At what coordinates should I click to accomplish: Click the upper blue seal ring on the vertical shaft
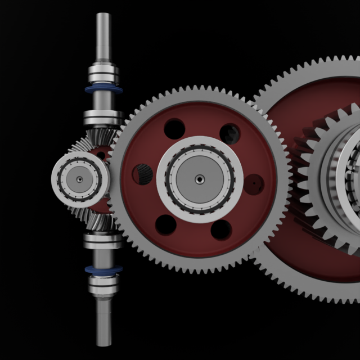(102, 89)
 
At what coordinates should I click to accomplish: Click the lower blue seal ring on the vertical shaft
(103, 270)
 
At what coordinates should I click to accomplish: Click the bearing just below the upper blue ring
(103, 118)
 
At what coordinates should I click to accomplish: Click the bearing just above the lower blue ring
(103, 241)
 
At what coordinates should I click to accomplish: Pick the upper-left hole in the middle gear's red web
(175, 129)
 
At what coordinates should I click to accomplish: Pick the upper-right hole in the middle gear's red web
(230, 133)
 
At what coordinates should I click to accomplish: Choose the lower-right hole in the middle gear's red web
(221, 229)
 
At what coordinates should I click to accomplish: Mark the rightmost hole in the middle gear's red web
(255, 183)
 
